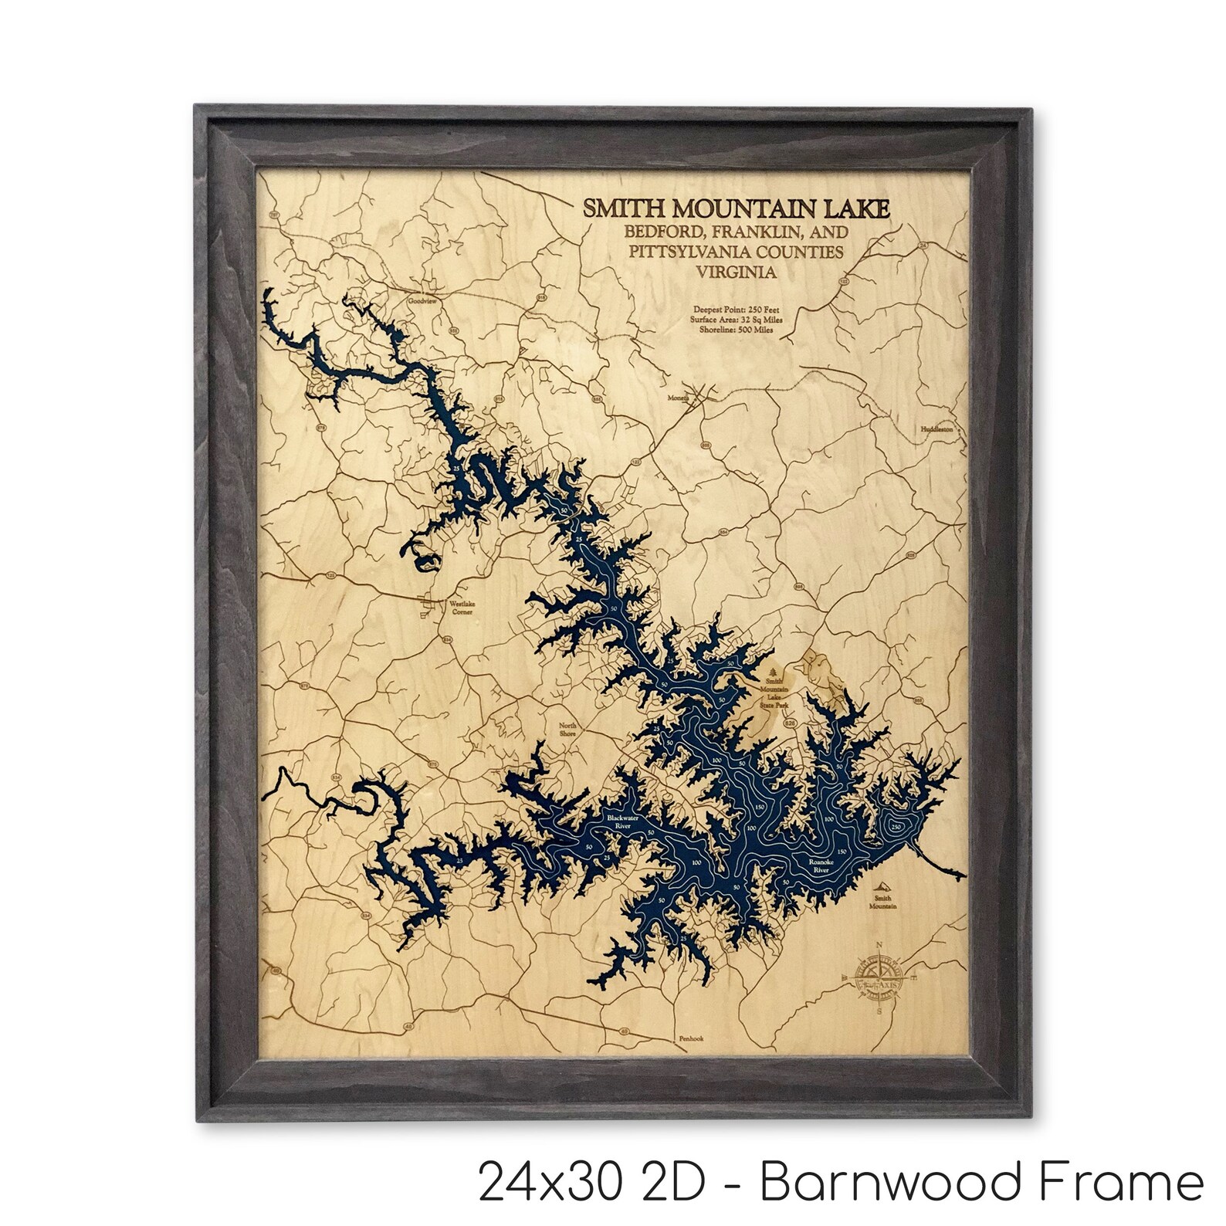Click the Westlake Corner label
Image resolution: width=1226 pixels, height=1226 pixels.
459,608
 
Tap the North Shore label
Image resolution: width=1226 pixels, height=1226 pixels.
567,728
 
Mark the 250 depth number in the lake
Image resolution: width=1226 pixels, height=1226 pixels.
896,826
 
